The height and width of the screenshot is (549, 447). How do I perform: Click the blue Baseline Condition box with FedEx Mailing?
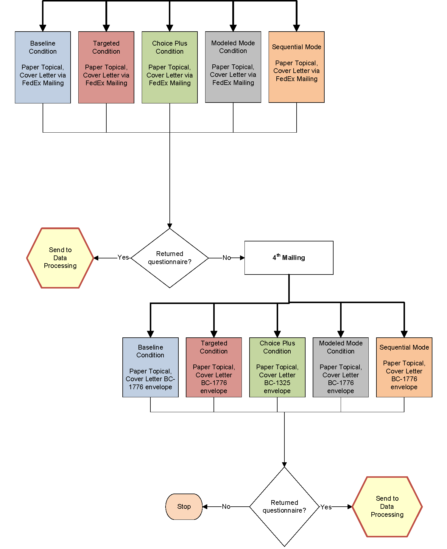click(x=43, y=67)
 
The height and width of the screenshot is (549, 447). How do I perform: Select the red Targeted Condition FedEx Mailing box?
click(x=106, y=67)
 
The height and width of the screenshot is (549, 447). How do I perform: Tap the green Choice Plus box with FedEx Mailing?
click(x=170, y=67)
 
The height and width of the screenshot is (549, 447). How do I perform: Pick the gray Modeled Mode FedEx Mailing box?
click(x=233, y=67)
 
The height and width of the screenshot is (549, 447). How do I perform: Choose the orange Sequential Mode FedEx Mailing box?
click(x=297, y=67)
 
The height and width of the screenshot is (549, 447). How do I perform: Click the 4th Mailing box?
click(x=289, y=258)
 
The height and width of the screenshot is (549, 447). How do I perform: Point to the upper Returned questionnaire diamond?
click(x=170, y=258)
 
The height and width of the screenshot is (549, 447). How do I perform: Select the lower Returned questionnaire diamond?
click(x=284, y=506)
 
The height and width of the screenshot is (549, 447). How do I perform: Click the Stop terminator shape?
click(x=184, y=506)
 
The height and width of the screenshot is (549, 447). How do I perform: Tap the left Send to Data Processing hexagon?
click(x=60, y=258)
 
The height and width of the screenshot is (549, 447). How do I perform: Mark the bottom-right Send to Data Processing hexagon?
click(x=387, y=506)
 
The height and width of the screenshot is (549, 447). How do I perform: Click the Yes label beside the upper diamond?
click(x=123, y=257)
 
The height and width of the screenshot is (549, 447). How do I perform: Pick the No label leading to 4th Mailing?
click(x=227, y=258)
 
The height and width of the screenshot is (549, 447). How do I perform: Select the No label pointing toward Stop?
click(x=226, y=506)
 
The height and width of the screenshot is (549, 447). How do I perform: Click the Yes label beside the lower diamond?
click(x=326, y=507)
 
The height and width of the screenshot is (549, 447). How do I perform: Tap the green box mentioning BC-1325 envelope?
click(x=277, y=367)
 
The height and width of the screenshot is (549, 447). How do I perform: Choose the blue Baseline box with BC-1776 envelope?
click(x=150, y=367)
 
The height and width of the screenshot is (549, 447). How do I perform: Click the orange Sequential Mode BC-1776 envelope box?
click(x=404, y=367)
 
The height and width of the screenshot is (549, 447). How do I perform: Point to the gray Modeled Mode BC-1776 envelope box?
click(x=341, y=367)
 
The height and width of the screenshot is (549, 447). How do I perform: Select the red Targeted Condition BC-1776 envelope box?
click(x=214, y=367)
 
